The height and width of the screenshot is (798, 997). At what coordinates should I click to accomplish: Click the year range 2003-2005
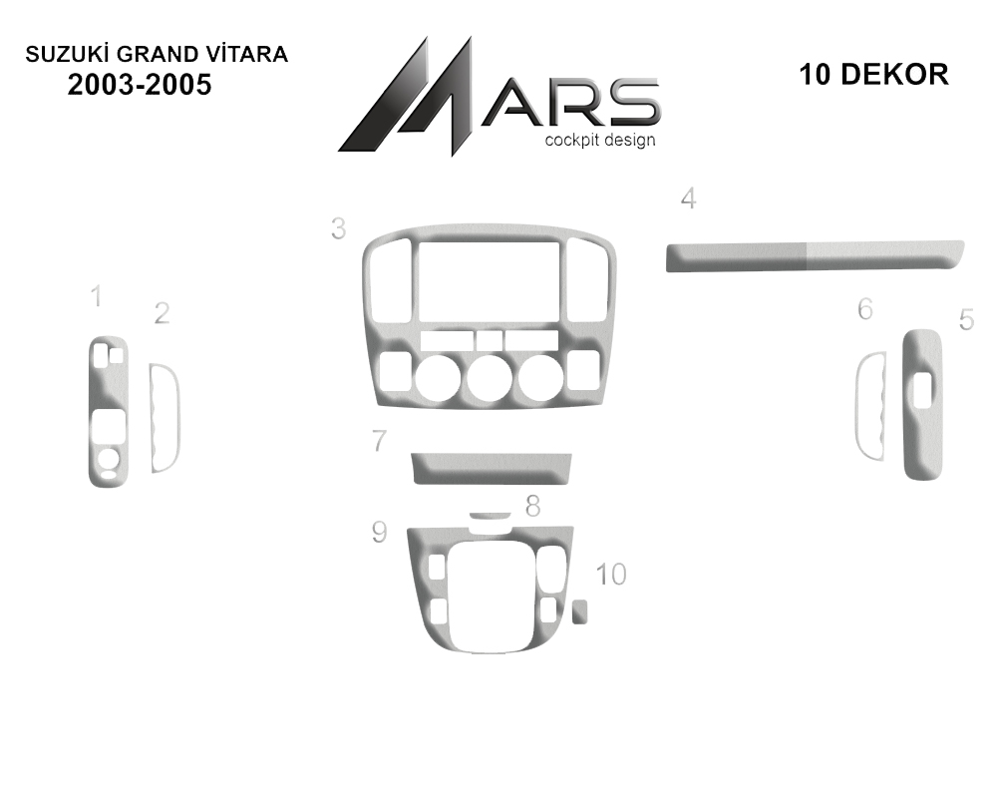click(140, 85)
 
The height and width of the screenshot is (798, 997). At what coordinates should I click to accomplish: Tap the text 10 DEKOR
click(873, 75)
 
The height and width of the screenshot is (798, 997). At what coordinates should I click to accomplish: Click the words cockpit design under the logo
click(599, 140)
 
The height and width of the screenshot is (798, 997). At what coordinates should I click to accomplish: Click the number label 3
click(338, 228)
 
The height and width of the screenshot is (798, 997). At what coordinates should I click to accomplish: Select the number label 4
click(688, 199)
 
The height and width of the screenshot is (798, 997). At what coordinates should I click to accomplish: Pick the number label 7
click(379, 440)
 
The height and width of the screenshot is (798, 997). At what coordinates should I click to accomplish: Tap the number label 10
click(611, 574)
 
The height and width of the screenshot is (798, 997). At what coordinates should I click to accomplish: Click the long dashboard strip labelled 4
click(815, 255)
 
